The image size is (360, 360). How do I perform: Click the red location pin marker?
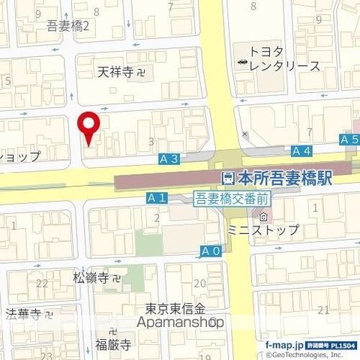point(90,126)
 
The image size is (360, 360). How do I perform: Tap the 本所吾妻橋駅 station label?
point(284,179)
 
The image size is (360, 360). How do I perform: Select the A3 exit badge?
point(169,159)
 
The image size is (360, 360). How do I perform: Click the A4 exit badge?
point(301,151)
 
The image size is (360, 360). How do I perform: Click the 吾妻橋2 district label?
point(67,25)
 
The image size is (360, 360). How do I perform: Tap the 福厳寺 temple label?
point(112,346)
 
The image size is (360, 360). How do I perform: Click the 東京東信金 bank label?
point(175,309)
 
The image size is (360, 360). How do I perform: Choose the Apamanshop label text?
point(181,322)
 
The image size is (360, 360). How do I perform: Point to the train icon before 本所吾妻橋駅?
point(227,179)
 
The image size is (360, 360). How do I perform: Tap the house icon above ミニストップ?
point(231,217)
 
